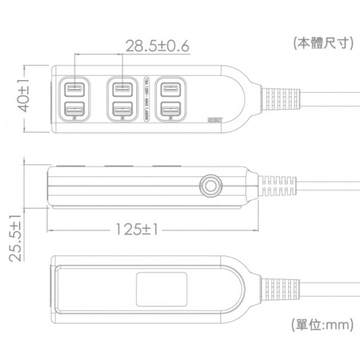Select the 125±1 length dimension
click(136, 229)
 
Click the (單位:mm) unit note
click(322, 325)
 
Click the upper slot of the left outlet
click(74, 89)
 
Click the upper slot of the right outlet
click(170, 89)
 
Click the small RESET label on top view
click(214, 121)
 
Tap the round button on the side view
click(210, 186)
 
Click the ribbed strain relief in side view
click(278, 185)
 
